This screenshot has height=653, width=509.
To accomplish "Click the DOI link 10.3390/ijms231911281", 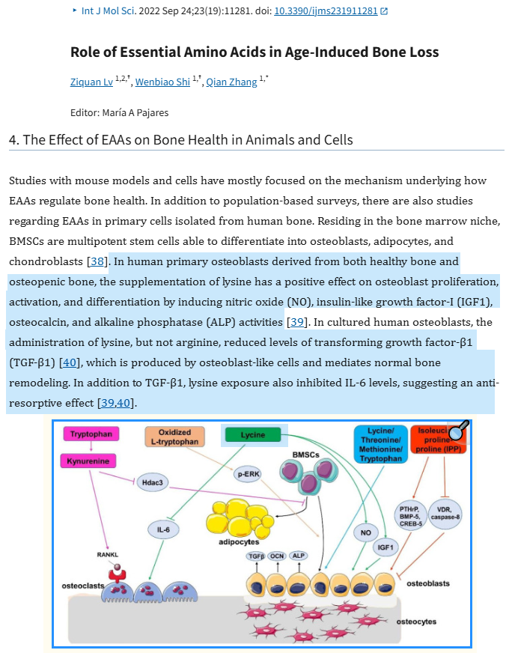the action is pyautogui.click(x=326, y=10).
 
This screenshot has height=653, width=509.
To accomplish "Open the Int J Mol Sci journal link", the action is pyautogui.click(x=108, y=10).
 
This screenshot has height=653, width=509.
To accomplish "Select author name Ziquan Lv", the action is pyautogui.click(x=91, y=82).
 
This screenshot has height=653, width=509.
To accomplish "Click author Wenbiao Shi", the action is pyautogui.click(x=162, y=82).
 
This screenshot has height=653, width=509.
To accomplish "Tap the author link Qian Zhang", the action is pyautogui.click(x=232, y=82).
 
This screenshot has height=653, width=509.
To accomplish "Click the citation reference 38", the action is pyautogui.click(x=97, y=261).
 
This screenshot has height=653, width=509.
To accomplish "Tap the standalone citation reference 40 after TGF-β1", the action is pyautogui.click(x=70, y=362).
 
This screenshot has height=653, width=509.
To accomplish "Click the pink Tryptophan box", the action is pyautogui.click(x=91, y=434).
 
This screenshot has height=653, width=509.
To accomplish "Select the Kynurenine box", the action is pyautogui.click(x=88, y=461).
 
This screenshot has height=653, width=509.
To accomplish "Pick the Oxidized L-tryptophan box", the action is pyautogui.click(x=175, y=437).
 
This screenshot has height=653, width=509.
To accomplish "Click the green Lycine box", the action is pyautogui.click(x=253, y=435).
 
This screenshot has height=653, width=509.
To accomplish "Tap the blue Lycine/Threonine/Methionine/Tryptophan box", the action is pyautogui.click(x=381, y=444).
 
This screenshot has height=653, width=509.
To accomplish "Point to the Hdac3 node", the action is pyautogui.click(x=152, y=483).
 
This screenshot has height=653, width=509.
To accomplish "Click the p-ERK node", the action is pyautogui.click(x=249, y=474).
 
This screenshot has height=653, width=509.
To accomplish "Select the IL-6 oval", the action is pyautogui.click(x=164, y=529).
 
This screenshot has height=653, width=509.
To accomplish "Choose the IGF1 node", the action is pyautogui.click(x=385, y=547).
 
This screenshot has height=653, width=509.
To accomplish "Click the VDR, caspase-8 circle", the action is pyautogui.click(x=445, y=514).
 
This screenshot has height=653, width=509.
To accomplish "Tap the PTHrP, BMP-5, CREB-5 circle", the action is pyautogui.click(x=411, y=517).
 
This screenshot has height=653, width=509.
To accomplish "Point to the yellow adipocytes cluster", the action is pyautogui.click(x=240, y=518).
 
